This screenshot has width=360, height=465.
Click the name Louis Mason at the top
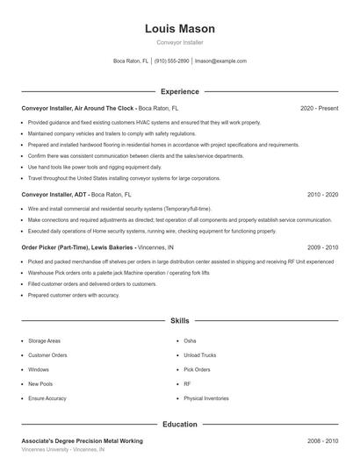coord(180,29)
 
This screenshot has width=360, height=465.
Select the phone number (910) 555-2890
coord(171,61)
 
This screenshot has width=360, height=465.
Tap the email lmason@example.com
coord(220,61)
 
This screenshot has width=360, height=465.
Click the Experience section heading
coord(180,91)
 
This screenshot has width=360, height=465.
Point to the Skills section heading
coord(180,321)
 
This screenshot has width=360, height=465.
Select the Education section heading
coord(180,424)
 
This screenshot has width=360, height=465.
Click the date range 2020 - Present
coord(319,108)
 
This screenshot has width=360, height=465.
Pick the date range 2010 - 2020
coord(322,194)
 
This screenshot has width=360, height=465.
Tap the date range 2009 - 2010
coord(322,247)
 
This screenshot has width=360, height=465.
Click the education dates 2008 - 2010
coord(322,440)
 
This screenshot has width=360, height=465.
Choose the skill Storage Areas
coord(44,340)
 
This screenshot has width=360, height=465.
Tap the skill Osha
coord(190,340)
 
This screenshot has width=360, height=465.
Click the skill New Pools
coord(40,384)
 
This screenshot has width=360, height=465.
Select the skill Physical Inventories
coord(206,398)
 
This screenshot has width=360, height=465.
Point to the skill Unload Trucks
coord(198,355)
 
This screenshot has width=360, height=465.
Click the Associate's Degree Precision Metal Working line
coord(82,440)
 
